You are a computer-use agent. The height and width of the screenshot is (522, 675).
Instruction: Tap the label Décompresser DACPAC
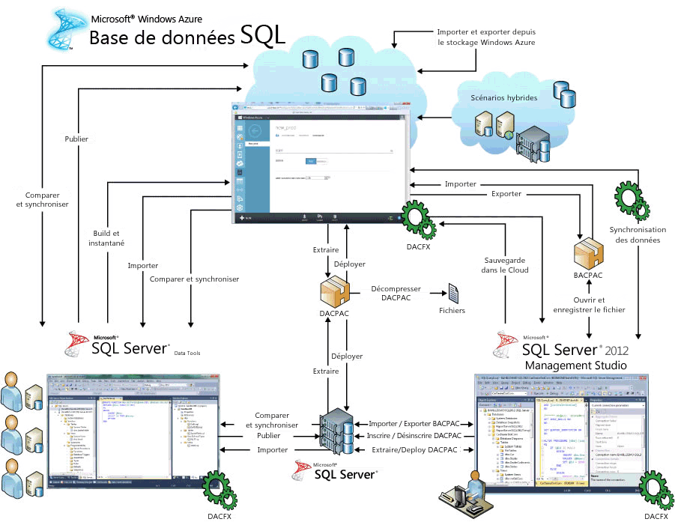tap(396, 294)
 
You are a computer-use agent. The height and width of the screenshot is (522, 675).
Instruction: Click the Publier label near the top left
tap(76, 139)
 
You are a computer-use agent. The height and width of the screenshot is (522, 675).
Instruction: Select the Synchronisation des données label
tap(635, 235)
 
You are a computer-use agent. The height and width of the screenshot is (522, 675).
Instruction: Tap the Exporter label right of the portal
tap(506, 194)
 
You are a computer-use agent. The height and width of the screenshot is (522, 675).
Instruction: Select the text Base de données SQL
tap(187, 36)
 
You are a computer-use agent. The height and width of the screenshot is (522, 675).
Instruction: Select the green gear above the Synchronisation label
tap(627, 198)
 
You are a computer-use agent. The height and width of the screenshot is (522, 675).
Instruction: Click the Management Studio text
tap(575, 365)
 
